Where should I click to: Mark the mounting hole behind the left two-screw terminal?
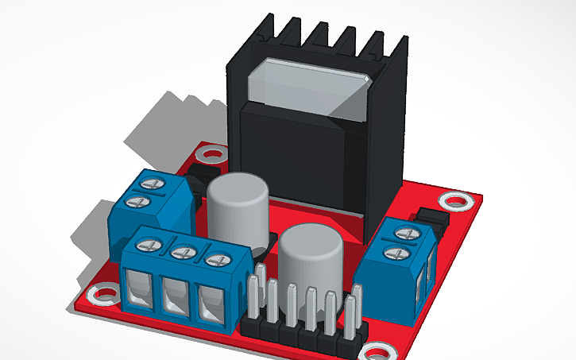coord(211,153)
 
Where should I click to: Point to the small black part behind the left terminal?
coord(204,175)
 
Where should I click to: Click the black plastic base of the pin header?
coord(302,338)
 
